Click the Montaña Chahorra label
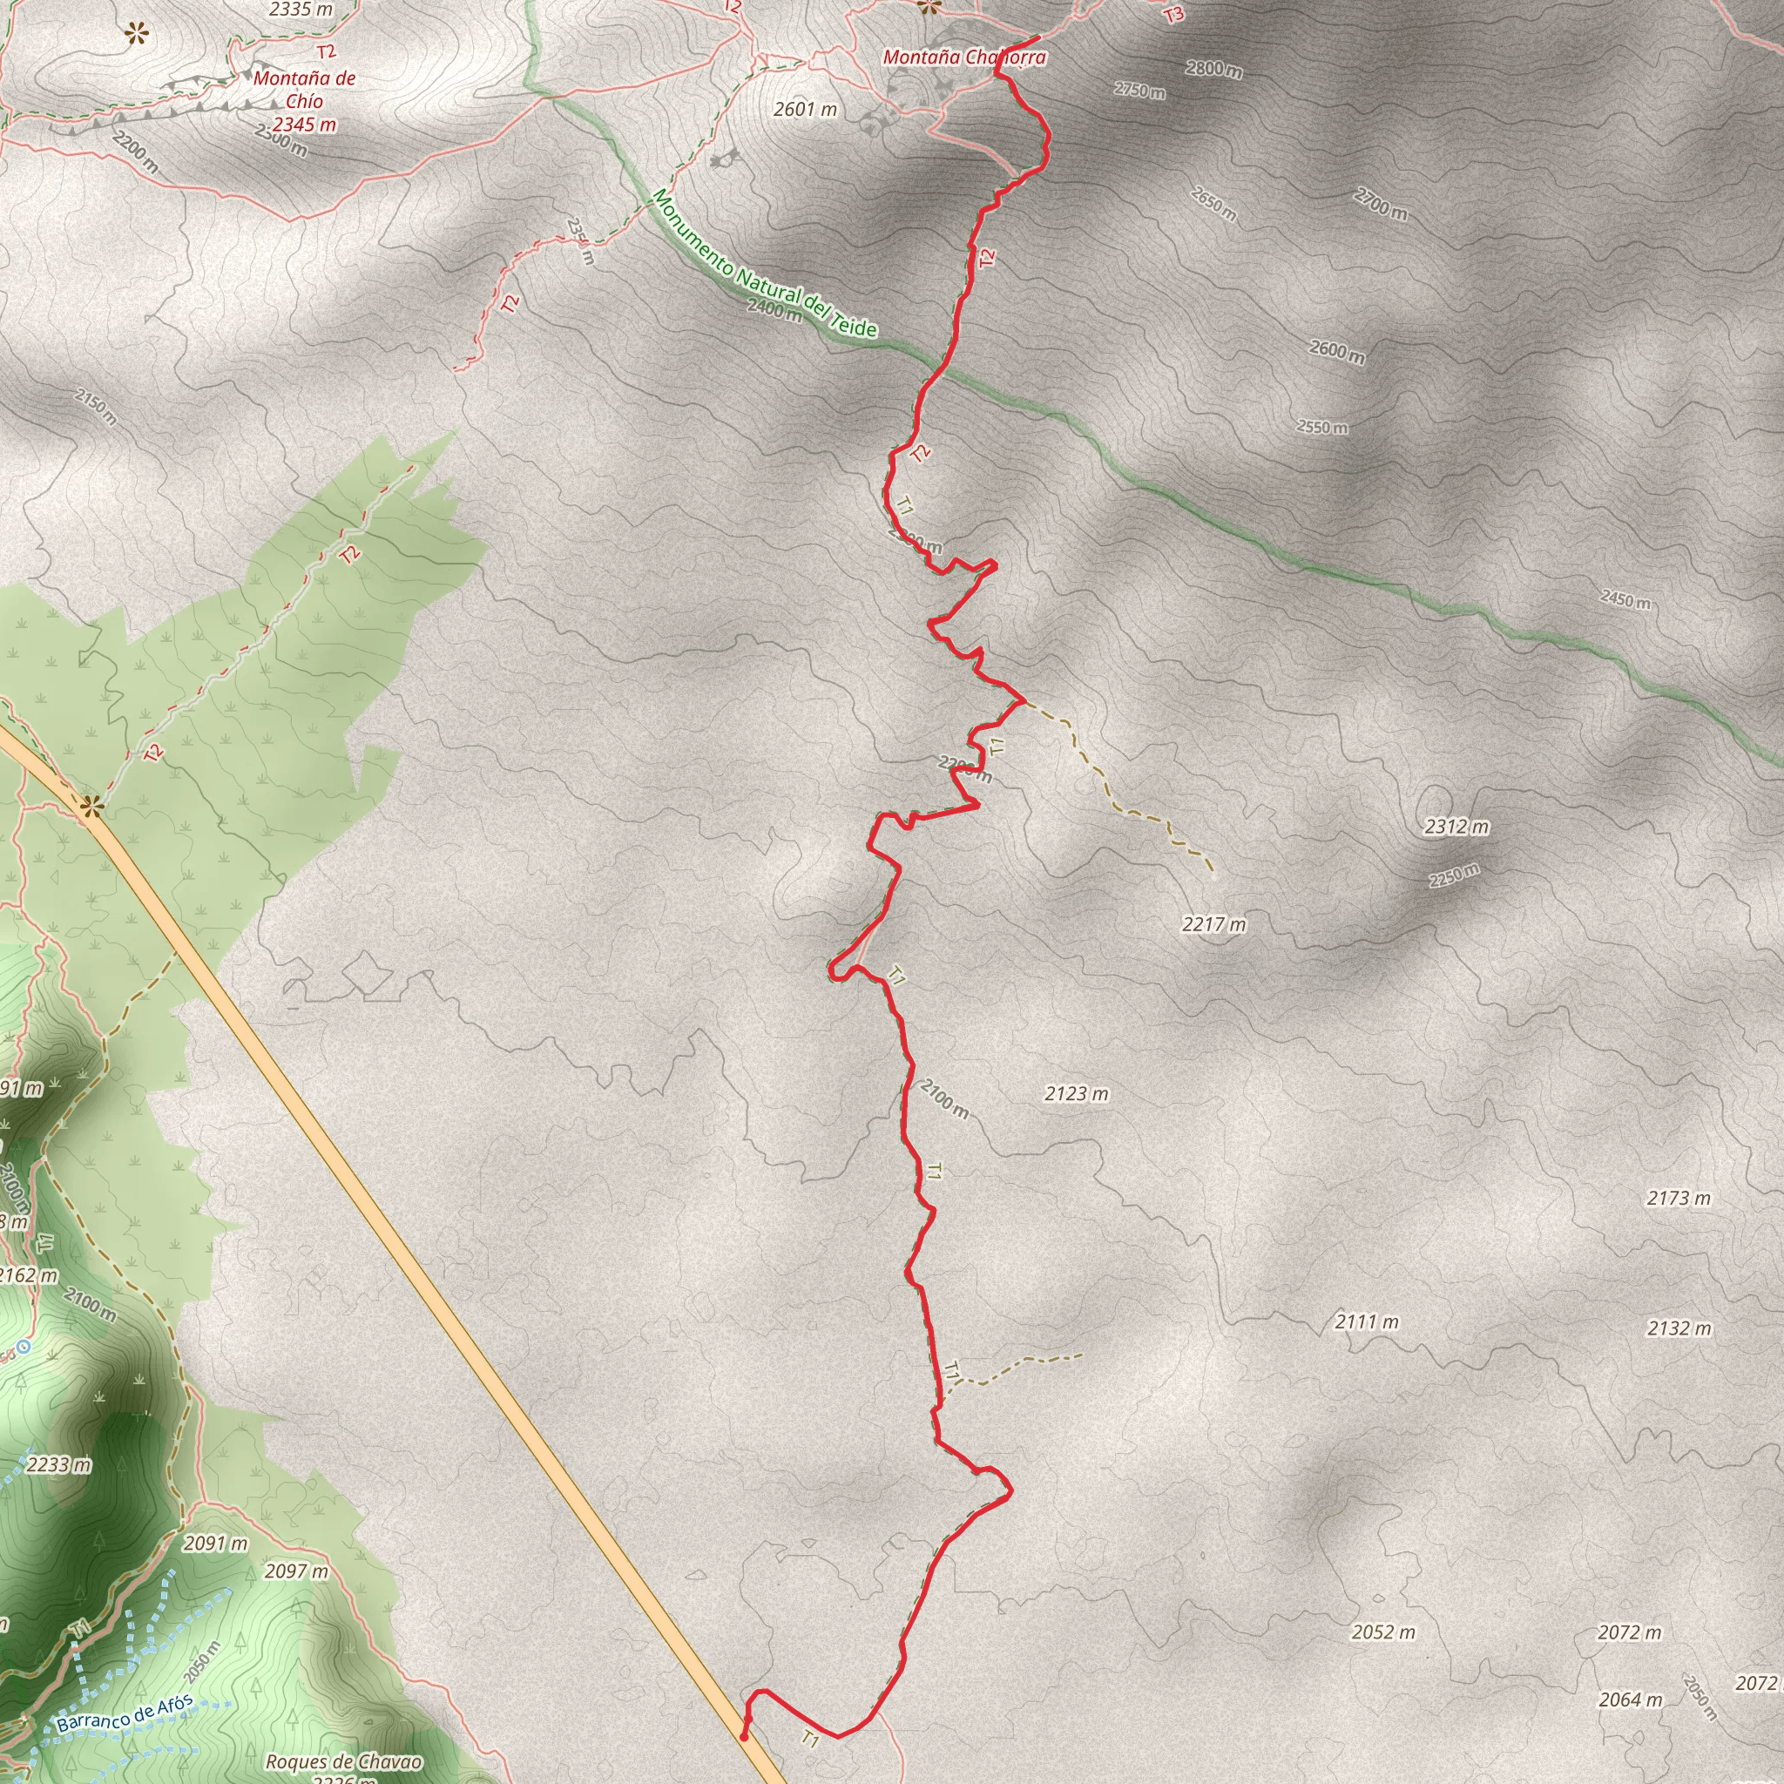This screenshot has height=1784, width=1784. click(x=964, y=57)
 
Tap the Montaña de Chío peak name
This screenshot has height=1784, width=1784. click(x=304, y=91)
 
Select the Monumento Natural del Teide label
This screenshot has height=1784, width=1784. click(x=765, y=263)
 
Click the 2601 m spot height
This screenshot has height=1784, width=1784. click(x=805, y=110)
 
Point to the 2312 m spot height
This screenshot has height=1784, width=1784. click(x=1456, y=827)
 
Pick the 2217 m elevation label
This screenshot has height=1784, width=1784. click(x=1213, y=924)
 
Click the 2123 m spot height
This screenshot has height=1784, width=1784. click(x=1077, y=1094)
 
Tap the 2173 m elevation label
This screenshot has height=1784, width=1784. click(x=1679, y=1199)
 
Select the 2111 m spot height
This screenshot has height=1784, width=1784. click(x=1367, y=1322)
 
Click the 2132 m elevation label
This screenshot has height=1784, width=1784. click(x=1679, y=1328)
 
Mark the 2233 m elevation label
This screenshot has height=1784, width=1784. click(x=59, y=1465)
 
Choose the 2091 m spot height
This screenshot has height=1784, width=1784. click(x=215, y=1544)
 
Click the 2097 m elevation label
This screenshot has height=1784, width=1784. click(x=295, y=1571)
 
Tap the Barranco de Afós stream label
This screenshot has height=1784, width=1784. click(x=125, y=1713)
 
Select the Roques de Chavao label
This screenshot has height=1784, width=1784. click(x=343, y=1763)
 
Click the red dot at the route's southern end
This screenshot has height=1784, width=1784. click(x=744, y=1737)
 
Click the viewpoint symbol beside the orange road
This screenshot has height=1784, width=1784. click(x=91, y=807)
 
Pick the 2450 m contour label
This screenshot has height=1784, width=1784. click(x=1625, y=600)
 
